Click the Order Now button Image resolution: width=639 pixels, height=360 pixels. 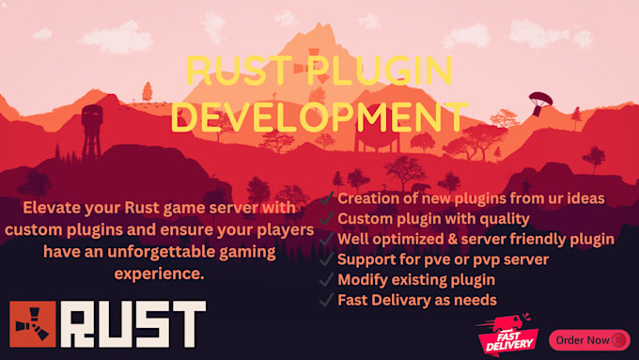click(588, 338)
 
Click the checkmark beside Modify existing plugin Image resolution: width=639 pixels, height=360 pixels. click(325, 279)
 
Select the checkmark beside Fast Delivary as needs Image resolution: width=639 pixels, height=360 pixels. click(325, 300)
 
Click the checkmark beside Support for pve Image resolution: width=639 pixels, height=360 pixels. click(325, 258)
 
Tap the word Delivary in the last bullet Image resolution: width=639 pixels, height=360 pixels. click(410, 300)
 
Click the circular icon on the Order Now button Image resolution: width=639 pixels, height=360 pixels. click(619, 339)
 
